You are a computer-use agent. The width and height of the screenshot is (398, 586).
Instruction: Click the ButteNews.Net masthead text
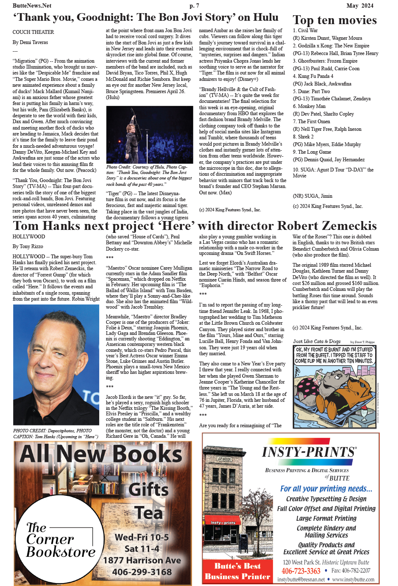click(32, 6)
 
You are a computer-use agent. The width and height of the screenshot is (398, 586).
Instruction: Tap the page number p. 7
click(195, 6)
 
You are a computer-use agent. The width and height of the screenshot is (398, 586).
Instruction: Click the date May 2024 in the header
click(360, 6)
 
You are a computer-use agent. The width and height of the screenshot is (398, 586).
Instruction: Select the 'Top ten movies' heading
click(334, 20)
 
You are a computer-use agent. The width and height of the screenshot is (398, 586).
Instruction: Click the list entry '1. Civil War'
click(305, 30)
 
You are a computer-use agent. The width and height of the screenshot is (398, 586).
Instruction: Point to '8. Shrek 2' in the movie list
click(303, 137)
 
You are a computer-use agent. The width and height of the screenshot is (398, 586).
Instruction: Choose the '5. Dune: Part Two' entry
click(311, 91)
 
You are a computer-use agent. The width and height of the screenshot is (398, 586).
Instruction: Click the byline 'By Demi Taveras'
click(30, 42)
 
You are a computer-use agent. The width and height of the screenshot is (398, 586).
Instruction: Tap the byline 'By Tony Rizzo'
click(28, 246)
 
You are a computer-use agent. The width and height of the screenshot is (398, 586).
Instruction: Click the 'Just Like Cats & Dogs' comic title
click(317, 341)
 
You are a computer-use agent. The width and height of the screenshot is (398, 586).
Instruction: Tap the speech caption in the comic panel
click(334, 356)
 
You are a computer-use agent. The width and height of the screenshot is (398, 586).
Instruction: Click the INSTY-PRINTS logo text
click(309, 452)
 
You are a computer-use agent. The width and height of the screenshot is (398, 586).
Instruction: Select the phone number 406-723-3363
click(301, 571)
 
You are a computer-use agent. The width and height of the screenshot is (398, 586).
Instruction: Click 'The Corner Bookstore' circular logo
click(60, 540)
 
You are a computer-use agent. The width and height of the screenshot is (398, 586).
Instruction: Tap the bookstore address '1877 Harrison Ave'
click(142, 560)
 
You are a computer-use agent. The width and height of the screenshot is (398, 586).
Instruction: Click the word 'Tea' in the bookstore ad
click(149, 513)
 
